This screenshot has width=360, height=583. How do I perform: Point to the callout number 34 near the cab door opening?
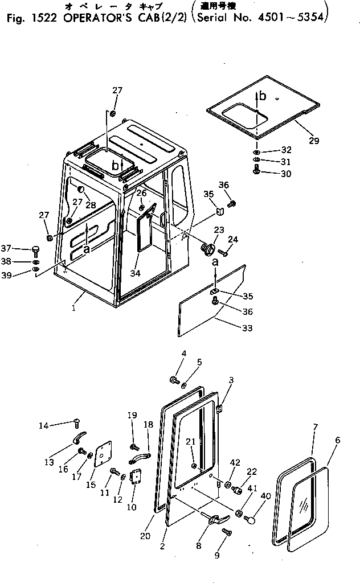135,273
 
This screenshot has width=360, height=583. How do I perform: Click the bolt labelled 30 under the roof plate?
257,169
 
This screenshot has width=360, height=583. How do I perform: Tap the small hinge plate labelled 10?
136,477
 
